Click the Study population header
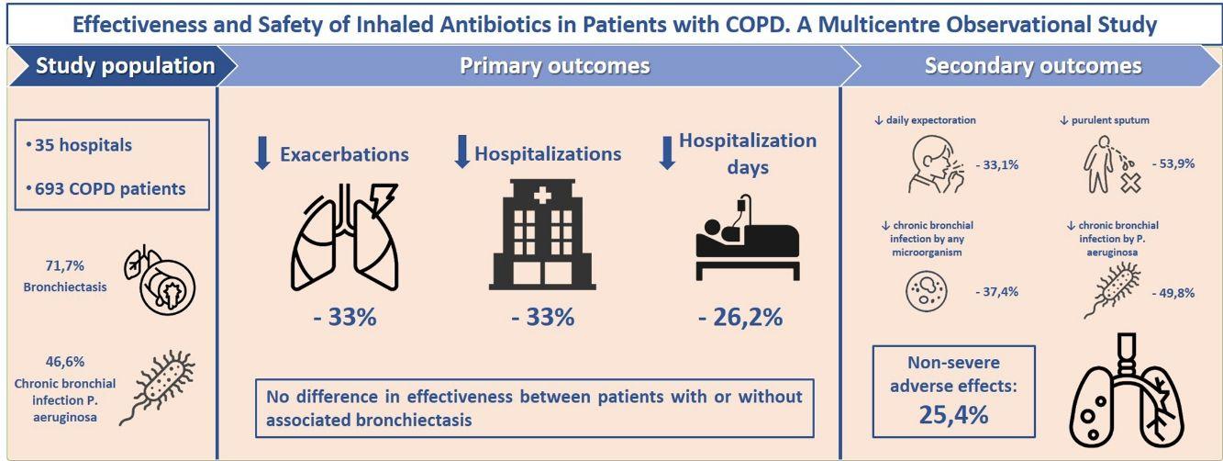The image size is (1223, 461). pyautogui.click(x=125, y=66)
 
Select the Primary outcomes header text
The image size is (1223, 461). pyautogui.click(x=554, y=66)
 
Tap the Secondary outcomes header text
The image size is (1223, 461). pyautogui.click(x=1033, y=66)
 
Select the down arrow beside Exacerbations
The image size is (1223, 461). pyautogui.click(x=262, y=152)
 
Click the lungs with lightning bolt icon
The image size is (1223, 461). pyautogui.click(x=343, y=238)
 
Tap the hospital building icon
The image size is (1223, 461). pyautogui.click(x=545, y=237)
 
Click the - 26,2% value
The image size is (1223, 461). pyautogui.click(x=740, y=318)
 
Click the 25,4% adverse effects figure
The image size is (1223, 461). pyautogui.click(x=953, y=414)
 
